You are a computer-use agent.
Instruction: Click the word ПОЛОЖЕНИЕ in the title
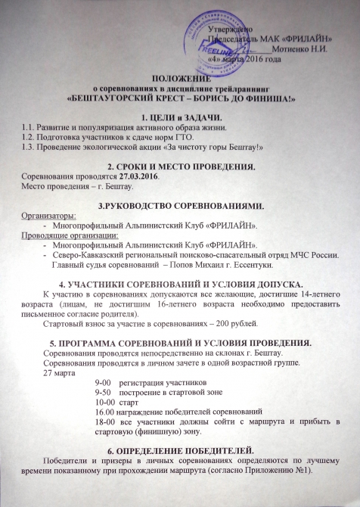point(180,78)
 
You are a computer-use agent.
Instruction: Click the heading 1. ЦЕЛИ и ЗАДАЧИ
point(180,116)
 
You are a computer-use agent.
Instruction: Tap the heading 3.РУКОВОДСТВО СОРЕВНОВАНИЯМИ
point(180,204)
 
